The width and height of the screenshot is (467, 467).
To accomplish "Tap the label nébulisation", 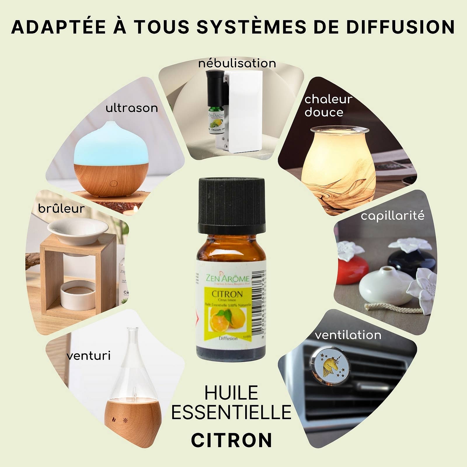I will [x=237, y=63].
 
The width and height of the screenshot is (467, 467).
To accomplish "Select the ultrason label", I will [x=132, y=108].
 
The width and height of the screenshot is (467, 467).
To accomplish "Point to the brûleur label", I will [x=61, y=209].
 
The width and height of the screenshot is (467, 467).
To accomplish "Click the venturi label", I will [x=88, y=356].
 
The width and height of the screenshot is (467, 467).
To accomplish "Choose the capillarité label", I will [x=392, y=216].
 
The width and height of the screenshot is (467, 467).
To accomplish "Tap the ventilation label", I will [x=348, y=335].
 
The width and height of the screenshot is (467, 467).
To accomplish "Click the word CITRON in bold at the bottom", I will [x=231, y=440].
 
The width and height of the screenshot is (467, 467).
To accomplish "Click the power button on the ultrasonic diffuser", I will [x=114, y=184].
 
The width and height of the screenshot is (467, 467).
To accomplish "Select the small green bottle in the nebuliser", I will [x=216, y=120].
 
